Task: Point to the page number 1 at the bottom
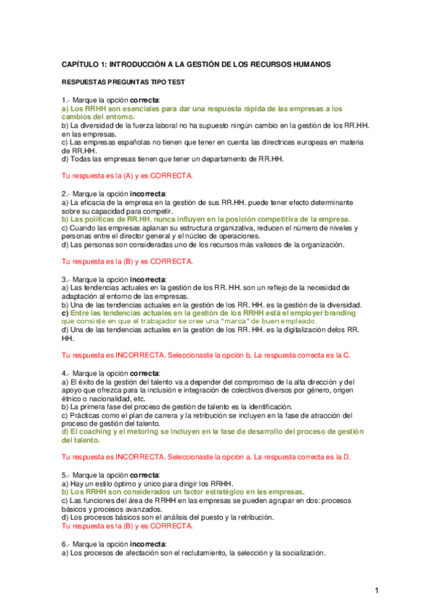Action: (x=376, y=592)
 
